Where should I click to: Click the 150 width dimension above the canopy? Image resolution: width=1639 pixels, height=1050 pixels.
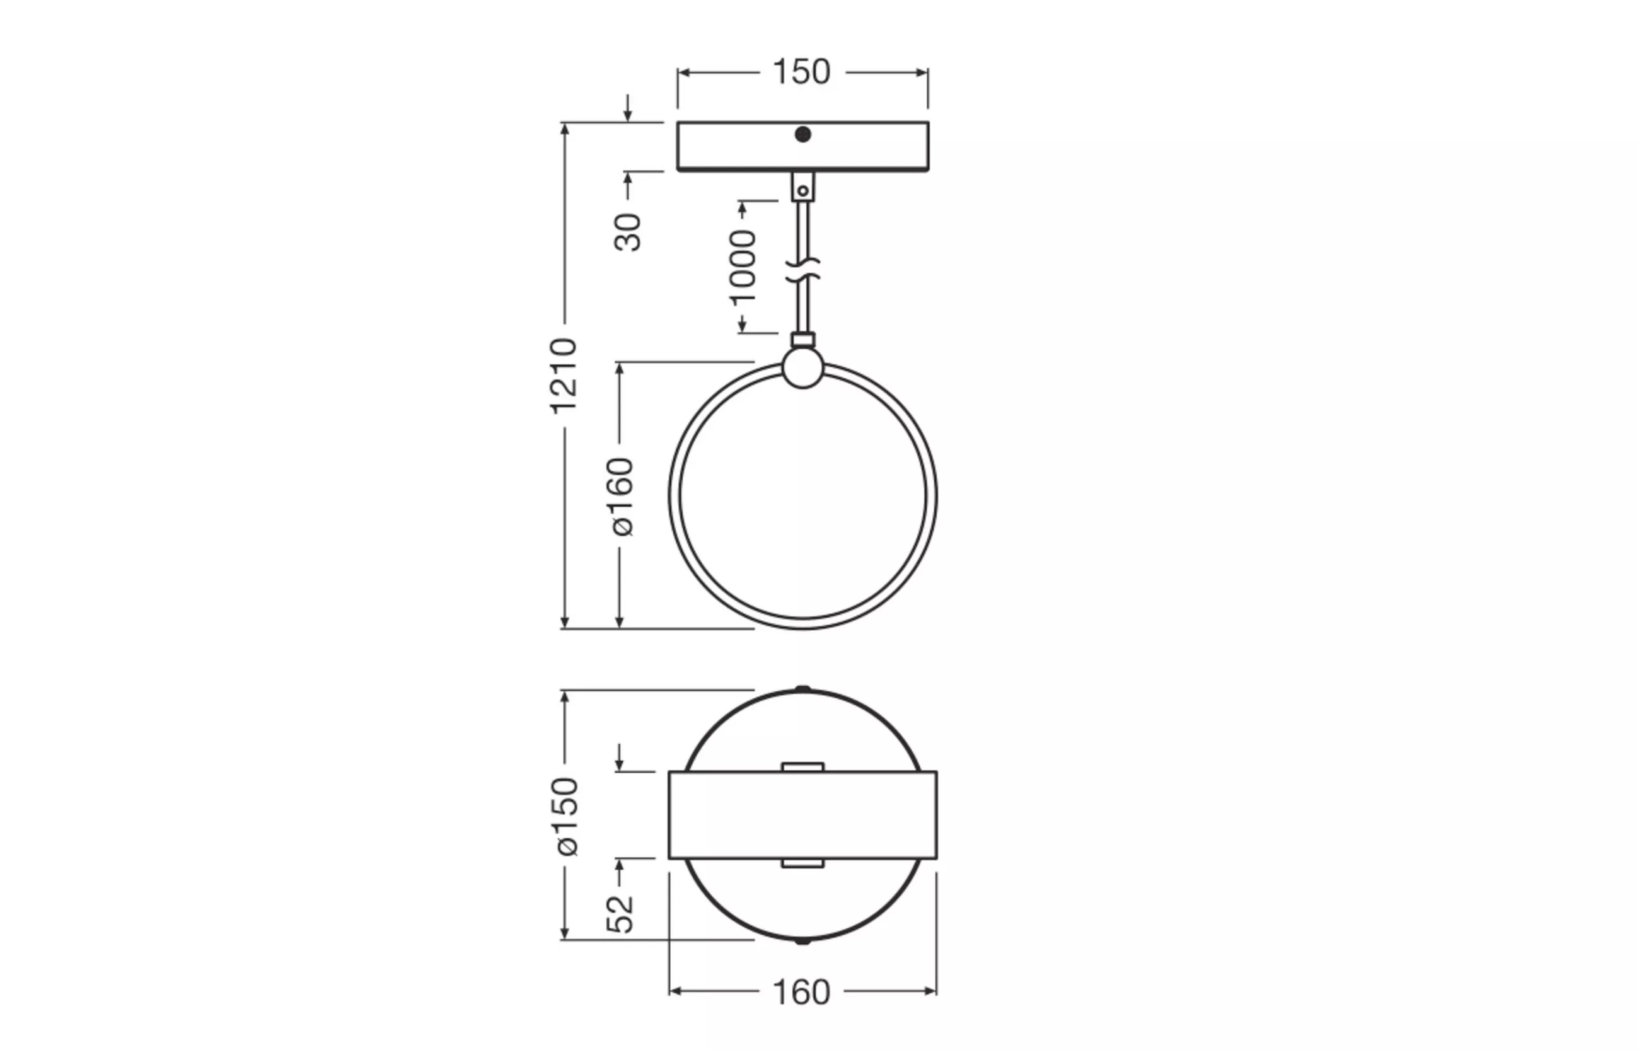[x=801, y=72]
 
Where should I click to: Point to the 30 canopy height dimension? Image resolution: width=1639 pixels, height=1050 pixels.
[x=628, y=233]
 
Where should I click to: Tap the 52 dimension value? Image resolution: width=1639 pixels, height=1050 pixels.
[x=620, y=914]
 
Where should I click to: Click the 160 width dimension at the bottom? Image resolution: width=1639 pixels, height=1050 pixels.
[x=801, y=992]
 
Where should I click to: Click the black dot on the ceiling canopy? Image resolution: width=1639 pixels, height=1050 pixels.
[x=802, y=134]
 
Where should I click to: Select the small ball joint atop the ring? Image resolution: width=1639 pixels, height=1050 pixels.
[x=802, y=368]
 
